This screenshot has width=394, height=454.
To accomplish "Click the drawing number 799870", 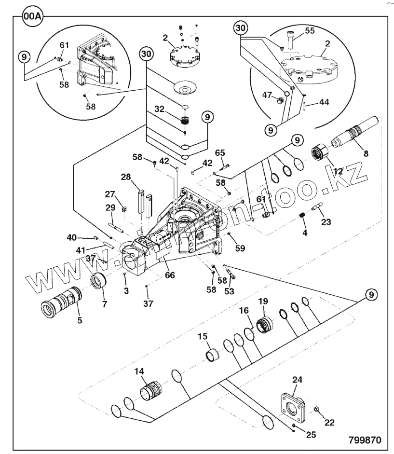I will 365,440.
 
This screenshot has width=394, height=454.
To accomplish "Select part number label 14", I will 139,371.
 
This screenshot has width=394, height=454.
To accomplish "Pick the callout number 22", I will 329,423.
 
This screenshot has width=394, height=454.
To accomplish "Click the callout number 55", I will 309,30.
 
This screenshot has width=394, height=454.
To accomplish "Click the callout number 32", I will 160,109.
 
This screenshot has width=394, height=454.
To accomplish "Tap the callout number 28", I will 126,177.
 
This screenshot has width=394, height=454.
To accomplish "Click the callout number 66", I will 170,275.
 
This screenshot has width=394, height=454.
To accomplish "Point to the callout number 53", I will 229,291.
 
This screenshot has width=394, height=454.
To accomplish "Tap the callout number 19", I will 263,302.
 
